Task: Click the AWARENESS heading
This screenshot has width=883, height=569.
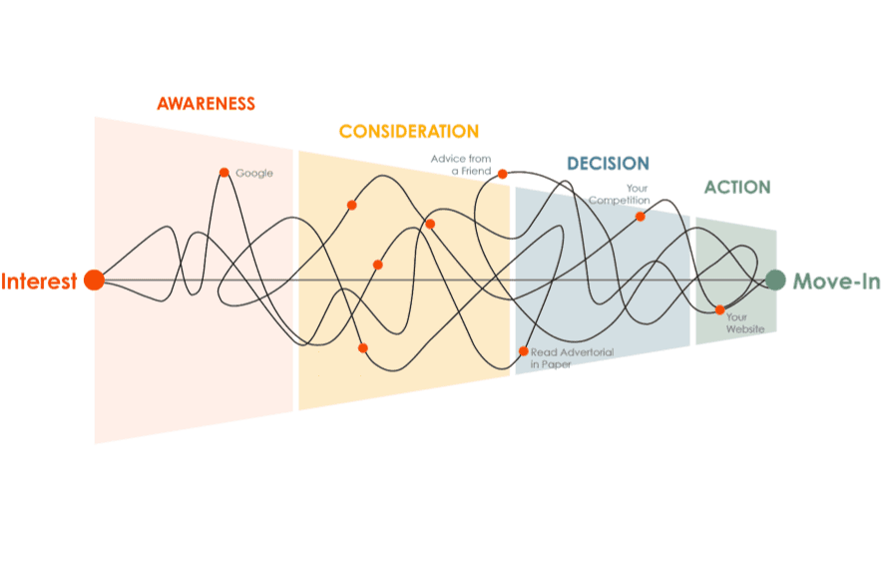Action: click(207, 103)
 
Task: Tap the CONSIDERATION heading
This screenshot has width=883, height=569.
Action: click(408, 131)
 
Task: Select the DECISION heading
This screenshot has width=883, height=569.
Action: click(608, 163)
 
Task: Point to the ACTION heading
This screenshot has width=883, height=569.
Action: click(736, 187)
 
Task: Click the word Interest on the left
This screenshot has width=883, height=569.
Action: click(39, 281)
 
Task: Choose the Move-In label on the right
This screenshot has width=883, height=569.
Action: click(836, 282)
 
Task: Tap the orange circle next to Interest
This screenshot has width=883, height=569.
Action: click(93, 280)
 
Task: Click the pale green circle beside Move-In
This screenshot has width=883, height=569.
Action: click(776, 281)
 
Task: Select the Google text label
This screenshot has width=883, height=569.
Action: click(253, 174)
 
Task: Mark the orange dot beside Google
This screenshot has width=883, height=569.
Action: click(223, 172)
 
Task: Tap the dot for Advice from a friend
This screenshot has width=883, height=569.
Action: click(503, 174)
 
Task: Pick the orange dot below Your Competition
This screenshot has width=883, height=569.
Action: click(641, 216)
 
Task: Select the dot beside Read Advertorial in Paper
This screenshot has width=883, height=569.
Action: click(524, 351)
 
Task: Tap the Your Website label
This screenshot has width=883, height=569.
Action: click(737, 323)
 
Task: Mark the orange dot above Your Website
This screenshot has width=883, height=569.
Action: click(720, 309)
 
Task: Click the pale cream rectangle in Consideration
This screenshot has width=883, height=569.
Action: click(339, 363)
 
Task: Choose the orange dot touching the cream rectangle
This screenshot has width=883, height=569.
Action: click(363, 347)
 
